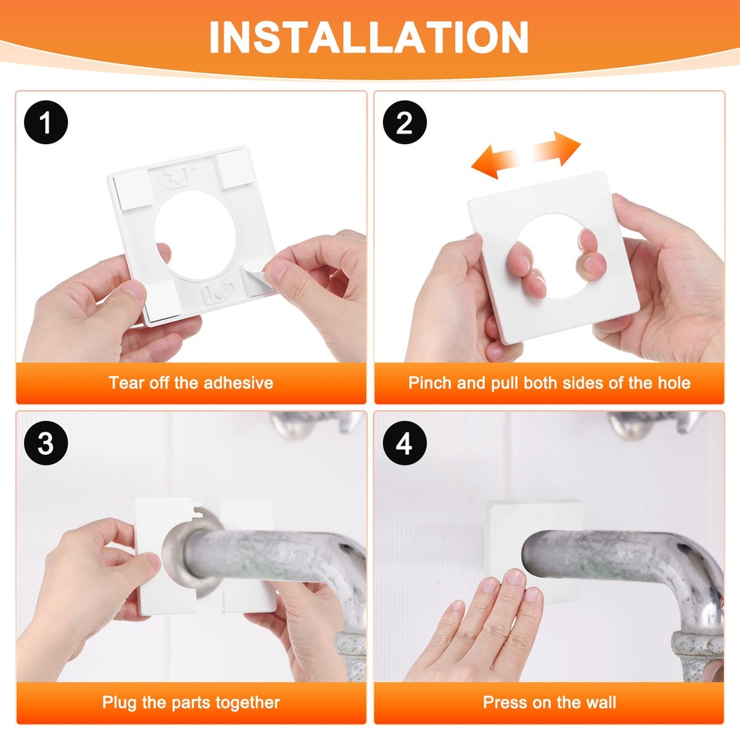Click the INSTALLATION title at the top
[369, 36]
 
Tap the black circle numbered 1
[46, 123]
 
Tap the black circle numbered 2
[405, 123]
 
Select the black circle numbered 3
[46, 445]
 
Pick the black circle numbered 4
[405, 445]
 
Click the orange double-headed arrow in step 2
[526, 154]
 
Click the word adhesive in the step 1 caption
[238, 383]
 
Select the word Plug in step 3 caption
[119, 702]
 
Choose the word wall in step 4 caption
[600, 702]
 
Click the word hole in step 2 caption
[671, 383]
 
